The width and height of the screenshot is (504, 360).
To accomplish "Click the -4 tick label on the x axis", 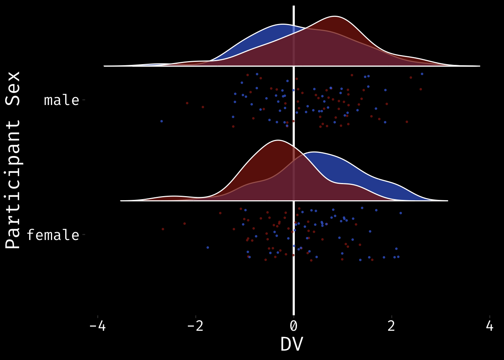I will pos(97,326).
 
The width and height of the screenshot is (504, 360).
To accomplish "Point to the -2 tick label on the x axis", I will pos(195,326).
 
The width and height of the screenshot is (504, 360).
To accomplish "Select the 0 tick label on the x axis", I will pos(294,326).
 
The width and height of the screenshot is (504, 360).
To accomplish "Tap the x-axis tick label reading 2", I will pos(391,326).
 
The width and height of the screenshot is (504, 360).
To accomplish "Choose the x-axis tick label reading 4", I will pos(489,326).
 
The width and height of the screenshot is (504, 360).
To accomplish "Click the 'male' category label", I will pos(61,100).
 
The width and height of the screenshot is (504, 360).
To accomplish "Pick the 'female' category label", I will pos(53,235).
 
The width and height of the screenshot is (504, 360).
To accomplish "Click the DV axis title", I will pos(291,344).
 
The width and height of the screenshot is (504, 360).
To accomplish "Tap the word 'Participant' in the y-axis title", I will pos(13,184).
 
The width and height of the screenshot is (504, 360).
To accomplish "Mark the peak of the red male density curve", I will pos(335,16).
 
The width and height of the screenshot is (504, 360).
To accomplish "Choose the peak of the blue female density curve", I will pos(313,152).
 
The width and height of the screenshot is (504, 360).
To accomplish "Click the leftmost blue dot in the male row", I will pos(162,121).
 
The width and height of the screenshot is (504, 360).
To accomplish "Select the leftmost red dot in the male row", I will pos(187,103).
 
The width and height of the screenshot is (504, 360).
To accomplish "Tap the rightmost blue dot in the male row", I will pos(422,74).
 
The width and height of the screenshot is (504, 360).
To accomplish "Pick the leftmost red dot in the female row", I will pos(163,229).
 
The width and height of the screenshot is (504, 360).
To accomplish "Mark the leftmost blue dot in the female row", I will pos(208,247).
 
